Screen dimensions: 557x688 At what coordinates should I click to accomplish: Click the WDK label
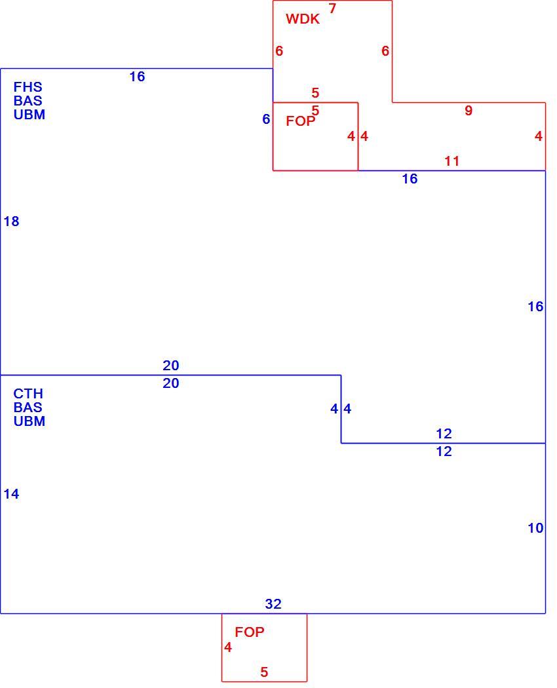pos(303,19)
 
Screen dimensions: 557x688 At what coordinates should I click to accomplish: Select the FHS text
pos(28,87)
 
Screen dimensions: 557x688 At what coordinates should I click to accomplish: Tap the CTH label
pos(28,394)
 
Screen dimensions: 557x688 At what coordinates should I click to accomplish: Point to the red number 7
pos(332,9)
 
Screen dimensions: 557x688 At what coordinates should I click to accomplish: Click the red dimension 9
pos(469,111)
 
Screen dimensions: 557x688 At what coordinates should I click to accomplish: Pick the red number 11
pos(451,161)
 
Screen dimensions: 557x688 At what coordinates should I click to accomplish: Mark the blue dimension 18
pos(11,221)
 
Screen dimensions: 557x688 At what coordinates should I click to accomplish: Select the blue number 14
pos(11,494)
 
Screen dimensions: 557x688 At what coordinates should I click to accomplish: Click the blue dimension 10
pos(535,528)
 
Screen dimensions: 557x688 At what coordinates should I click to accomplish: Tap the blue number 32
pos(273,604)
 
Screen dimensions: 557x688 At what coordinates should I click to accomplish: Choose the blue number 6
pos(266,119)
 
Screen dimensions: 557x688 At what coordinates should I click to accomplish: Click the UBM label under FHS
pos(29,115)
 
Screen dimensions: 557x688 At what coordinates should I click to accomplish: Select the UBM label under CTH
pos(29,421)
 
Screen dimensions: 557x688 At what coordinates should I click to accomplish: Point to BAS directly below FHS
pos(28,100)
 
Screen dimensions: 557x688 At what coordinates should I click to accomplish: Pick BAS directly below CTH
pos(28,407)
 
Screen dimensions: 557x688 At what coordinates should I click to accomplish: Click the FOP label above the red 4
pos(249,632)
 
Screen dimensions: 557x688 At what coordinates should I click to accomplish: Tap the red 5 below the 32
pos(264,672)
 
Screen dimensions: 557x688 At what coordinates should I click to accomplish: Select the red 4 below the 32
pos(227,647)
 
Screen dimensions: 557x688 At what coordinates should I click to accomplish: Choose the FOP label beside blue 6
pos(300,121)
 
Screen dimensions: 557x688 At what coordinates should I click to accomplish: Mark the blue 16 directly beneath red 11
pos(410,179)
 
